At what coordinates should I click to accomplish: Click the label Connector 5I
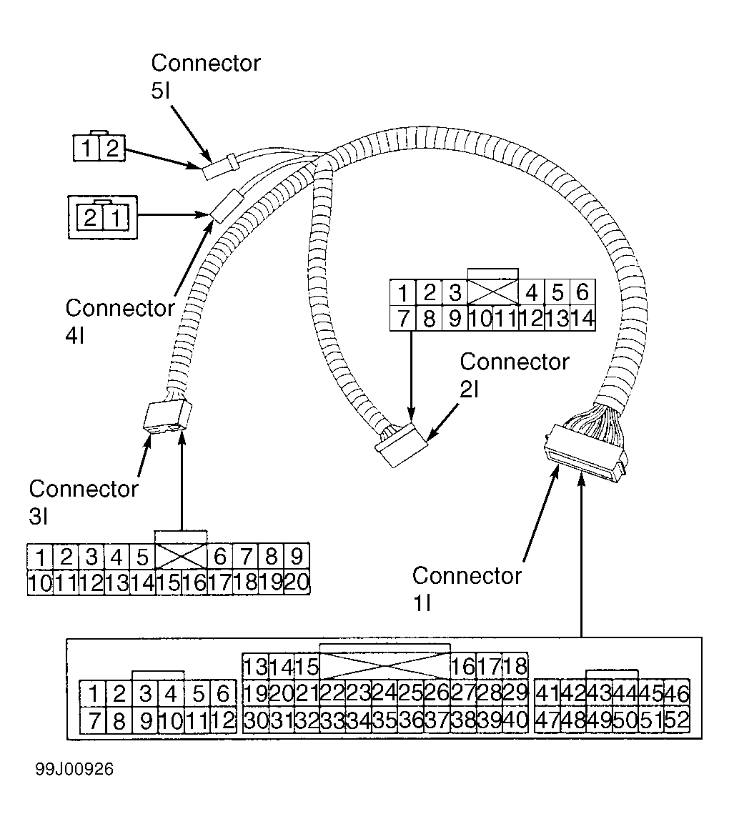[x=205, y=76]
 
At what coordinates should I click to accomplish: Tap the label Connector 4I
[x=120, y=321]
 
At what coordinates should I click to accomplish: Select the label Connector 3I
[x=84, y=502]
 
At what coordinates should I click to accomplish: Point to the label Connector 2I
[x=515, y=375]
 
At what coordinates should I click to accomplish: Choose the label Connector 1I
[x=467, y=589]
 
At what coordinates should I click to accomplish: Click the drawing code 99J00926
[x=74, y=769]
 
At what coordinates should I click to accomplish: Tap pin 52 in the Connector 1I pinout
[x=677, y=720]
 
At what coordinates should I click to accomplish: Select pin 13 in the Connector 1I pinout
[x=256, y=666]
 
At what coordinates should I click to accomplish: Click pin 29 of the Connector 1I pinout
[x=515, y=693]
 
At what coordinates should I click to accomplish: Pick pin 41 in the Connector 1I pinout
[x=547, y=693]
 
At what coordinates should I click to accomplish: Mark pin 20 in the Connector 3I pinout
[x=297, y=582]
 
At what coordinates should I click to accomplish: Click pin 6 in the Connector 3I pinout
[x=220, y=557]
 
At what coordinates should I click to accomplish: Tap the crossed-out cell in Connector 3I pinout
[x=182, y=557]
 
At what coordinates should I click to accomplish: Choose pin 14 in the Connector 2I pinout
[x=582, y=318]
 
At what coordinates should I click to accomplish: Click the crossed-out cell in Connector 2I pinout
[x=492, y=292]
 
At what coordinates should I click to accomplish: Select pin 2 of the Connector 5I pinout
[x=112, y=148]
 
